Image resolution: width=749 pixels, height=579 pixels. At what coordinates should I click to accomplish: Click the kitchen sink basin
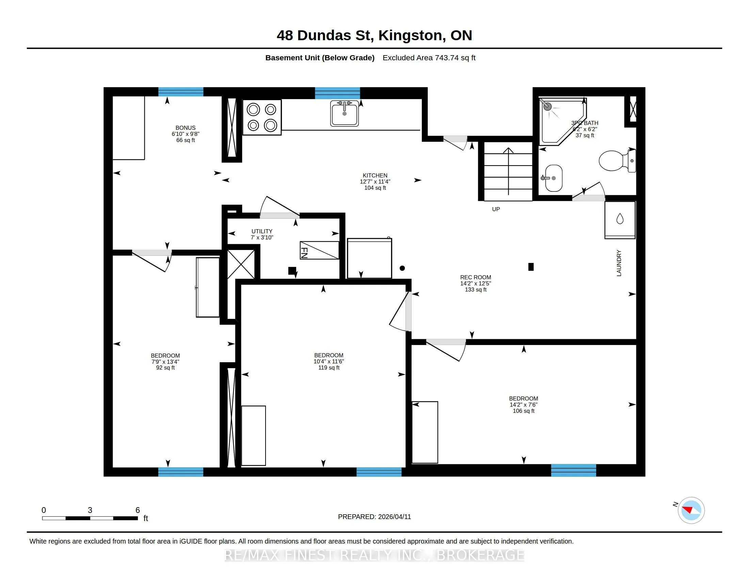[344, 113]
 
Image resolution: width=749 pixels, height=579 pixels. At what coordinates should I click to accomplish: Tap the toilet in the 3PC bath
[617, 160]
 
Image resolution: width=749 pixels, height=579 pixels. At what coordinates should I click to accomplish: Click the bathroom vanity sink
[553, 178]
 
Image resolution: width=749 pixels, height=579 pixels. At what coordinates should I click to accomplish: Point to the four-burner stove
[262, 117]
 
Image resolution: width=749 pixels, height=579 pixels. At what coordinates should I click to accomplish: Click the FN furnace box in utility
[319, 250]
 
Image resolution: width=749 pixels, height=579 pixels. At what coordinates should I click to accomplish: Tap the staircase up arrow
[508, 171]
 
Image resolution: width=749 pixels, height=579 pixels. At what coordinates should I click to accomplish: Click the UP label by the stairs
[496, 209]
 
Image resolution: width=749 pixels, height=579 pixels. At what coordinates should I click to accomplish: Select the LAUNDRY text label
[619, 263]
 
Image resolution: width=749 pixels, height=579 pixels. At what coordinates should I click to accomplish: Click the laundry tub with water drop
[620, 220]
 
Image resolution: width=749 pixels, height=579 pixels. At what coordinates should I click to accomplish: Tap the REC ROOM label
[476, 277]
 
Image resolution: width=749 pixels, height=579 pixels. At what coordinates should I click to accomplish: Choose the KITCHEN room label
[375, 175]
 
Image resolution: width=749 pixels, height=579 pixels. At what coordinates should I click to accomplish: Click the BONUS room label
[186, 128]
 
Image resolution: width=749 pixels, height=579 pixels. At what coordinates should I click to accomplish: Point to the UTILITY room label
[262, 231]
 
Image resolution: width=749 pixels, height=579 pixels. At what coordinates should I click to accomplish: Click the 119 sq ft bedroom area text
[329, 368]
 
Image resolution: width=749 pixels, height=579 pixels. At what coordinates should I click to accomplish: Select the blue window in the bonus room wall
[181, 92]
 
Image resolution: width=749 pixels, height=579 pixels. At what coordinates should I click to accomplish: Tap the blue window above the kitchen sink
[337, 93]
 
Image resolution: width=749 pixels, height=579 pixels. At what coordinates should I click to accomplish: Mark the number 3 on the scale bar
[90, 510]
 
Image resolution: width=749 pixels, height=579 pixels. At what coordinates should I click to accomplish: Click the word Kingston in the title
[410, 35]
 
